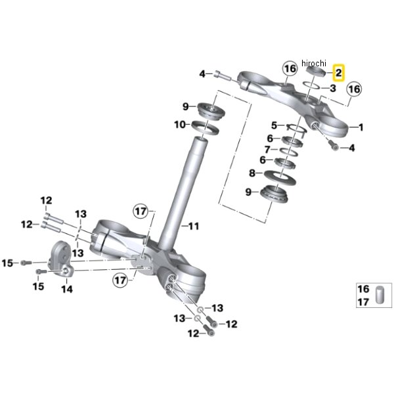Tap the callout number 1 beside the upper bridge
(x=360, y=126)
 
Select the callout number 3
(x=333, y=88)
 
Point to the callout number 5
(x=274, y=125)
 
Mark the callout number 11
(x=193, y=227)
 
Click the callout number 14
(x=66, y=288)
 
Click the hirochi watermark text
(x=314, y=62)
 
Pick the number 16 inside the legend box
(x=362, y=289)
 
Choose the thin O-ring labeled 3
(x=313, y=85)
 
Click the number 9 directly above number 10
(x=186, y=106)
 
